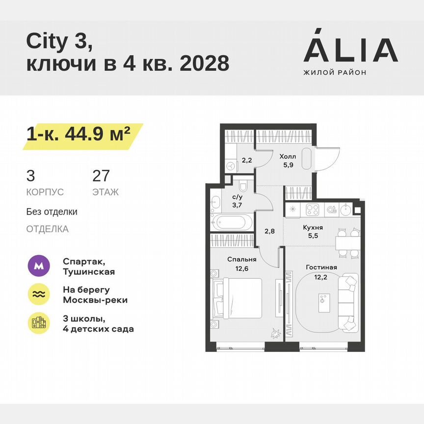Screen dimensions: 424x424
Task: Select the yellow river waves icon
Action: (x=39, y=294)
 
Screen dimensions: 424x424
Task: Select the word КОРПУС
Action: (x=45, y=192)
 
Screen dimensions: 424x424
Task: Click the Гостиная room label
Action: (x=321, y=267)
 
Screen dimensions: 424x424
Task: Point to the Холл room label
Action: (x=288, y=156)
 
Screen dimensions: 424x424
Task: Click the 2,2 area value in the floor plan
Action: (x=246, y=159)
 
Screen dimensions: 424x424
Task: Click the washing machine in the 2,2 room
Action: (x=231, y=166)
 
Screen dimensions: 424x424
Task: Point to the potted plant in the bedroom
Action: (x=275, y=334)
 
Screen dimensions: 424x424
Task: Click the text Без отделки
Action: (x=52, y=212)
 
